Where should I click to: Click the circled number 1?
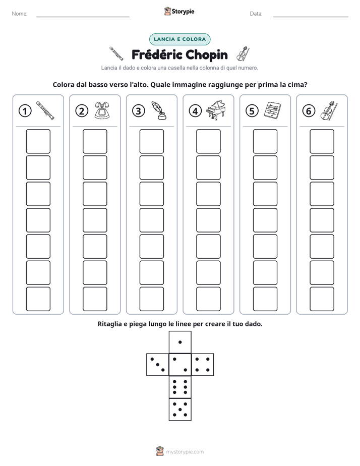(x=25, y=111)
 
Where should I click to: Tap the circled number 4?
(x=195, y=111)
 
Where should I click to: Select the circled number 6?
(x=309, y=111)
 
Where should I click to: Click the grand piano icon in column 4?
(x=216, y=110)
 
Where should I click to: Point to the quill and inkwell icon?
(x=159, y=110)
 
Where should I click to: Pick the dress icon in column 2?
(x=102, y=110)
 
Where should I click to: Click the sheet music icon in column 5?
(x=272, y=110)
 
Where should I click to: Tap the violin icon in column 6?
(x=329, y=110)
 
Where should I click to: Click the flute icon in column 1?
(x=45, y=110)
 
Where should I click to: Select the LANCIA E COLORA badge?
(x=179, y=39)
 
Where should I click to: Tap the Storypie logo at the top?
(x=179, y=12)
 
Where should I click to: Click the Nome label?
(x=20, y=14)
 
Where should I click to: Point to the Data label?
(x=256, y=14)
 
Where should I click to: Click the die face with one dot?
(x=180, y=342)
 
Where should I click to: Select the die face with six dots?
(x=180, y=387)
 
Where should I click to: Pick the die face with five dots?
(x=180, y=410)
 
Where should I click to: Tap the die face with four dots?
(x=203, y=365)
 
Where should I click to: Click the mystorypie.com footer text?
(x=185, y=452)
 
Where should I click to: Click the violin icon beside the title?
(x=243, y=54)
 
